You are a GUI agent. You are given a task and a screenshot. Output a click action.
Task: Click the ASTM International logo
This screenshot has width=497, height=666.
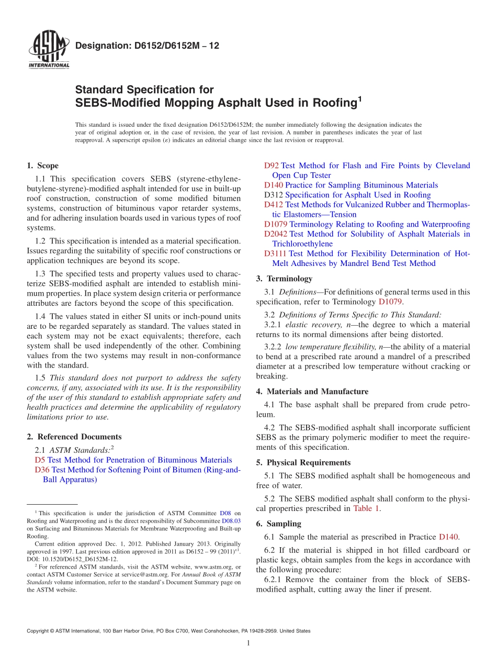point(48,51)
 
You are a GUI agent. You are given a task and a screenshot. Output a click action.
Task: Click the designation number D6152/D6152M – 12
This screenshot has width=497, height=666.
point(147,46)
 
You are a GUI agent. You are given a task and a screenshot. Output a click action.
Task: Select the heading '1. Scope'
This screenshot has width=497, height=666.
point(42,166)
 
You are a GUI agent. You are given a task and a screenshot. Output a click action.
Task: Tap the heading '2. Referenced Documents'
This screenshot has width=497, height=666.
point(74,437)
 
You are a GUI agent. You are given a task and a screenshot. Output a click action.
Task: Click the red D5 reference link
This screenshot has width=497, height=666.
point(40,460)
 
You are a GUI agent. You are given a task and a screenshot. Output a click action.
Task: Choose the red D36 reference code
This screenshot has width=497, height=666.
point(42,470)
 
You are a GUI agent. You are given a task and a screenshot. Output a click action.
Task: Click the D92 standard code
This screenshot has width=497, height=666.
point(272,166)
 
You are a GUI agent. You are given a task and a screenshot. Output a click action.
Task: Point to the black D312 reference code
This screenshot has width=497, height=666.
point(274,195)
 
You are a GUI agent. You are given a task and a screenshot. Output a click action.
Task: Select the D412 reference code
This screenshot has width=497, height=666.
point(274,205)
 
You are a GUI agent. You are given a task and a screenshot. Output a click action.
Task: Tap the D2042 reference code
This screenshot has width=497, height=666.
point(276,234)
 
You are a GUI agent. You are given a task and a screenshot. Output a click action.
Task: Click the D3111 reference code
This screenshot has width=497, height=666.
point(276,254)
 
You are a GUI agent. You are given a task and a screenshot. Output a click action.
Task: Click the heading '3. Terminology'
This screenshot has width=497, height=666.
point(284,279)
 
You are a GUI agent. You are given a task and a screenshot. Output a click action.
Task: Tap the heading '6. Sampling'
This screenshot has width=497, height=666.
point(278,524)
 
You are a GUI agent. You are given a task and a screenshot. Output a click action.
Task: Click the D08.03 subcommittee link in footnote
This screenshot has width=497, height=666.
point(231,521)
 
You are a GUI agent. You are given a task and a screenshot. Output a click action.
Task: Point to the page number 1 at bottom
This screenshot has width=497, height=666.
point(249,643)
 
